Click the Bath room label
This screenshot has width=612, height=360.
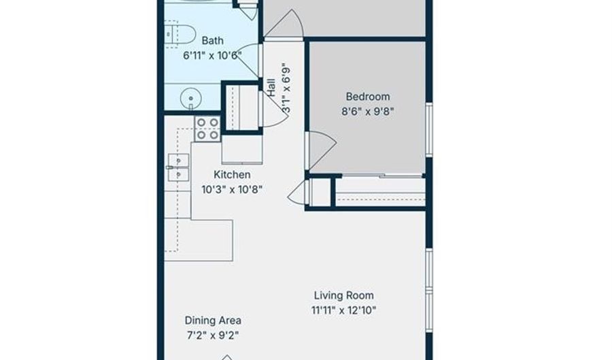pyautogui.click(x=213, y=41)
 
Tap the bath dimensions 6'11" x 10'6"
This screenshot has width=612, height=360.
pyautogui.click(x=212, y=56)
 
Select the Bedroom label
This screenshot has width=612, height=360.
pyautogui.click(x=368, y=97)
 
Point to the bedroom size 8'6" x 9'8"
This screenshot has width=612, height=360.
pyautogui.click(x=368, y=112)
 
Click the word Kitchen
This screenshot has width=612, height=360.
pyautogui.click(x=232, y=174)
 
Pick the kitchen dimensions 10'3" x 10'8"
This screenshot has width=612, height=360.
pyautogui.click(x=232, y=190)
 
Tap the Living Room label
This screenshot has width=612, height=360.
pyautogui.click(x=344, y=295)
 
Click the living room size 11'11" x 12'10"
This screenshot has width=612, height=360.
pyautogui.click(x=344, y=311)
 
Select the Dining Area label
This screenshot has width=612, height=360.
pyautogui.click(x=213, y=321)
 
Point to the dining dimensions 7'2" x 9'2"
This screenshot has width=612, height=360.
pyautogui.click(x=213, y=336)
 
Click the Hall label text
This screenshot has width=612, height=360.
pyautogui.click(x=271, y=88)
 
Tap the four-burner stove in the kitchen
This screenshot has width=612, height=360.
pyautogui.click(x=207, y=129)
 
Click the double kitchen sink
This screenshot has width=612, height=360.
pyautogui.click(x=178, y=167)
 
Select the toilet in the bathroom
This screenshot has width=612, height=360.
pyautogui.click(x=180, y=34)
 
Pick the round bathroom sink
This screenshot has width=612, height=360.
pyautogui.click(x=191, y=98)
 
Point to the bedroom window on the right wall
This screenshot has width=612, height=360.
pyautogui.click(x=429, y=130)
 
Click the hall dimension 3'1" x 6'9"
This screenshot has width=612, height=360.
pyautogui.click(x=286, y=88)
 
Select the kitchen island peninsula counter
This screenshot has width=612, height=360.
pyautogui.click(x=199, y=240)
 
